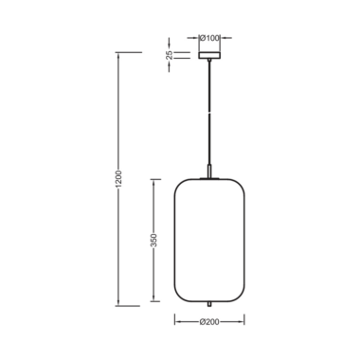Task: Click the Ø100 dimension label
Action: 209,38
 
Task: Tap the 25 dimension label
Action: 170,55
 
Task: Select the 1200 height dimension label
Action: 118,179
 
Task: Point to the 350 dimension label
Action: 153,241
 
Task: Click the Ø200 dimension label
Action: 209,322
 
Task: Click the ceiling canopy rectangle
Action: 209,55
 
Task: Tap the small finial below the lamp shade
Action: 209,304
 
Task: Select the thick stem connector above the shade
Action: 209,171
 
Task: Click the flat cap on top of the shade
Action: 209,179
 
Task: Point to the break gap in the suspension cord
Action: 209,112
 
